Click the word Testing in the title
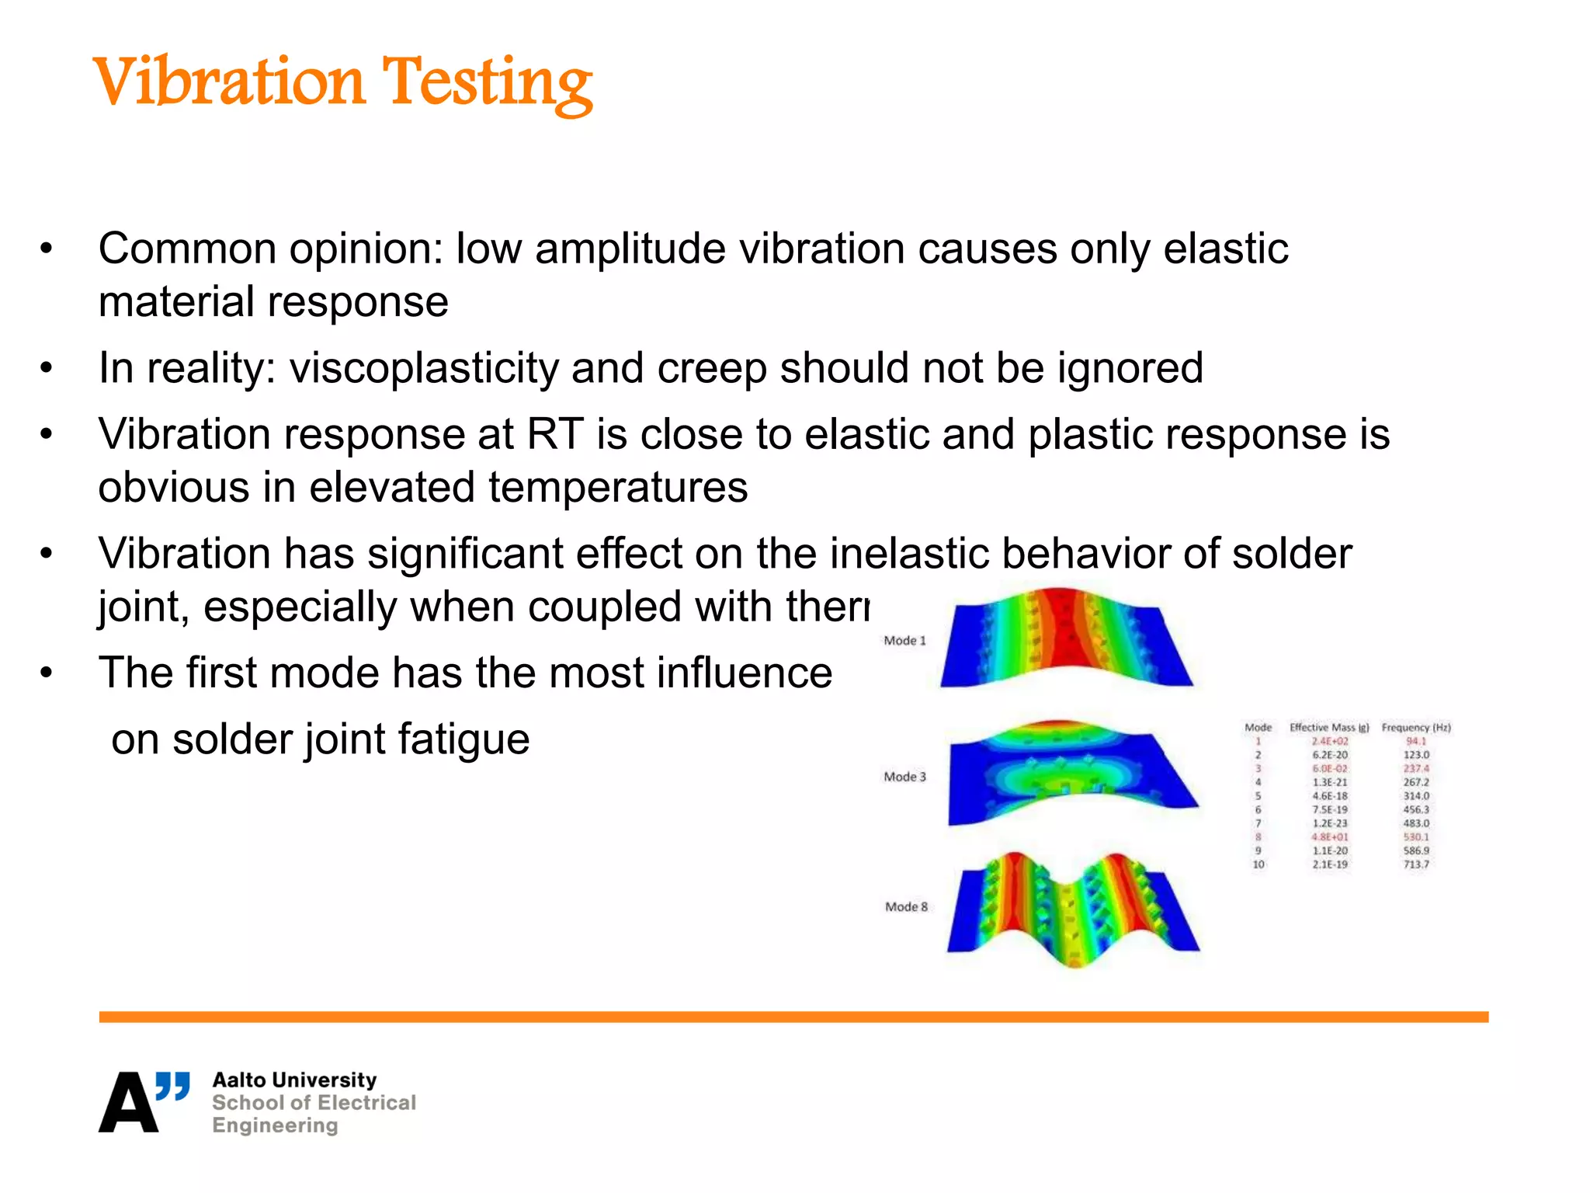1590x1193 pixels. coord(487,83)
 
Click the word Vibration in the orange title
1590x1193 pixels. coord(228,82)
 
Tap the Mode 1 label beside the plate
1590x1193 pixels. coord(904,641)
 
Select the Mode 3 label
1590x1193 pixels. coord(904,777)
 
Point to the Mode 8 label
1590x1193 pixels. coord(906,906)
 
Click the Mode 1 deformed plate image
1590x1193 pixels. coord(1065,640)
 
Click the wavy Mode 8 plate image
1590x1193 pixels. coord(1073,909)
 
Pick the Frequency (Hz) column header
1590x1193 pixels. coord(1416,728)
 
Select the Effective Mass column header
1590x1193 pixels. coord(1329,728)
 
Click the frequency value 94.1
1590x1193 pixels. coord(1416,741)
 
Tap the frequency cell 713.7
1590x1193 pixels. coord(1416,864)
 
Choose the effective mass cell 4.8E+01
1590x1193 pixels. coord(1330,837)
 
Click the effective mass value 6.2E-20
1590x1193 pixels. coord(1330,755)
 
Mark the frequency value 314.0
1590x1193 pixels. coord(1416,796)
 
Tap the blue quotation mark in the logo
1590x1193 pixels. coord(172,1087)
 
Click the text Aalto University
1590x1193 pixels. coord(294,1080)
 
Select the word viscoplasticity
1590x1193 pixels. coord(424,368)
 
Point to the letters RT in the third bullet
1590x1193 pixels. coord(555,434)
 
